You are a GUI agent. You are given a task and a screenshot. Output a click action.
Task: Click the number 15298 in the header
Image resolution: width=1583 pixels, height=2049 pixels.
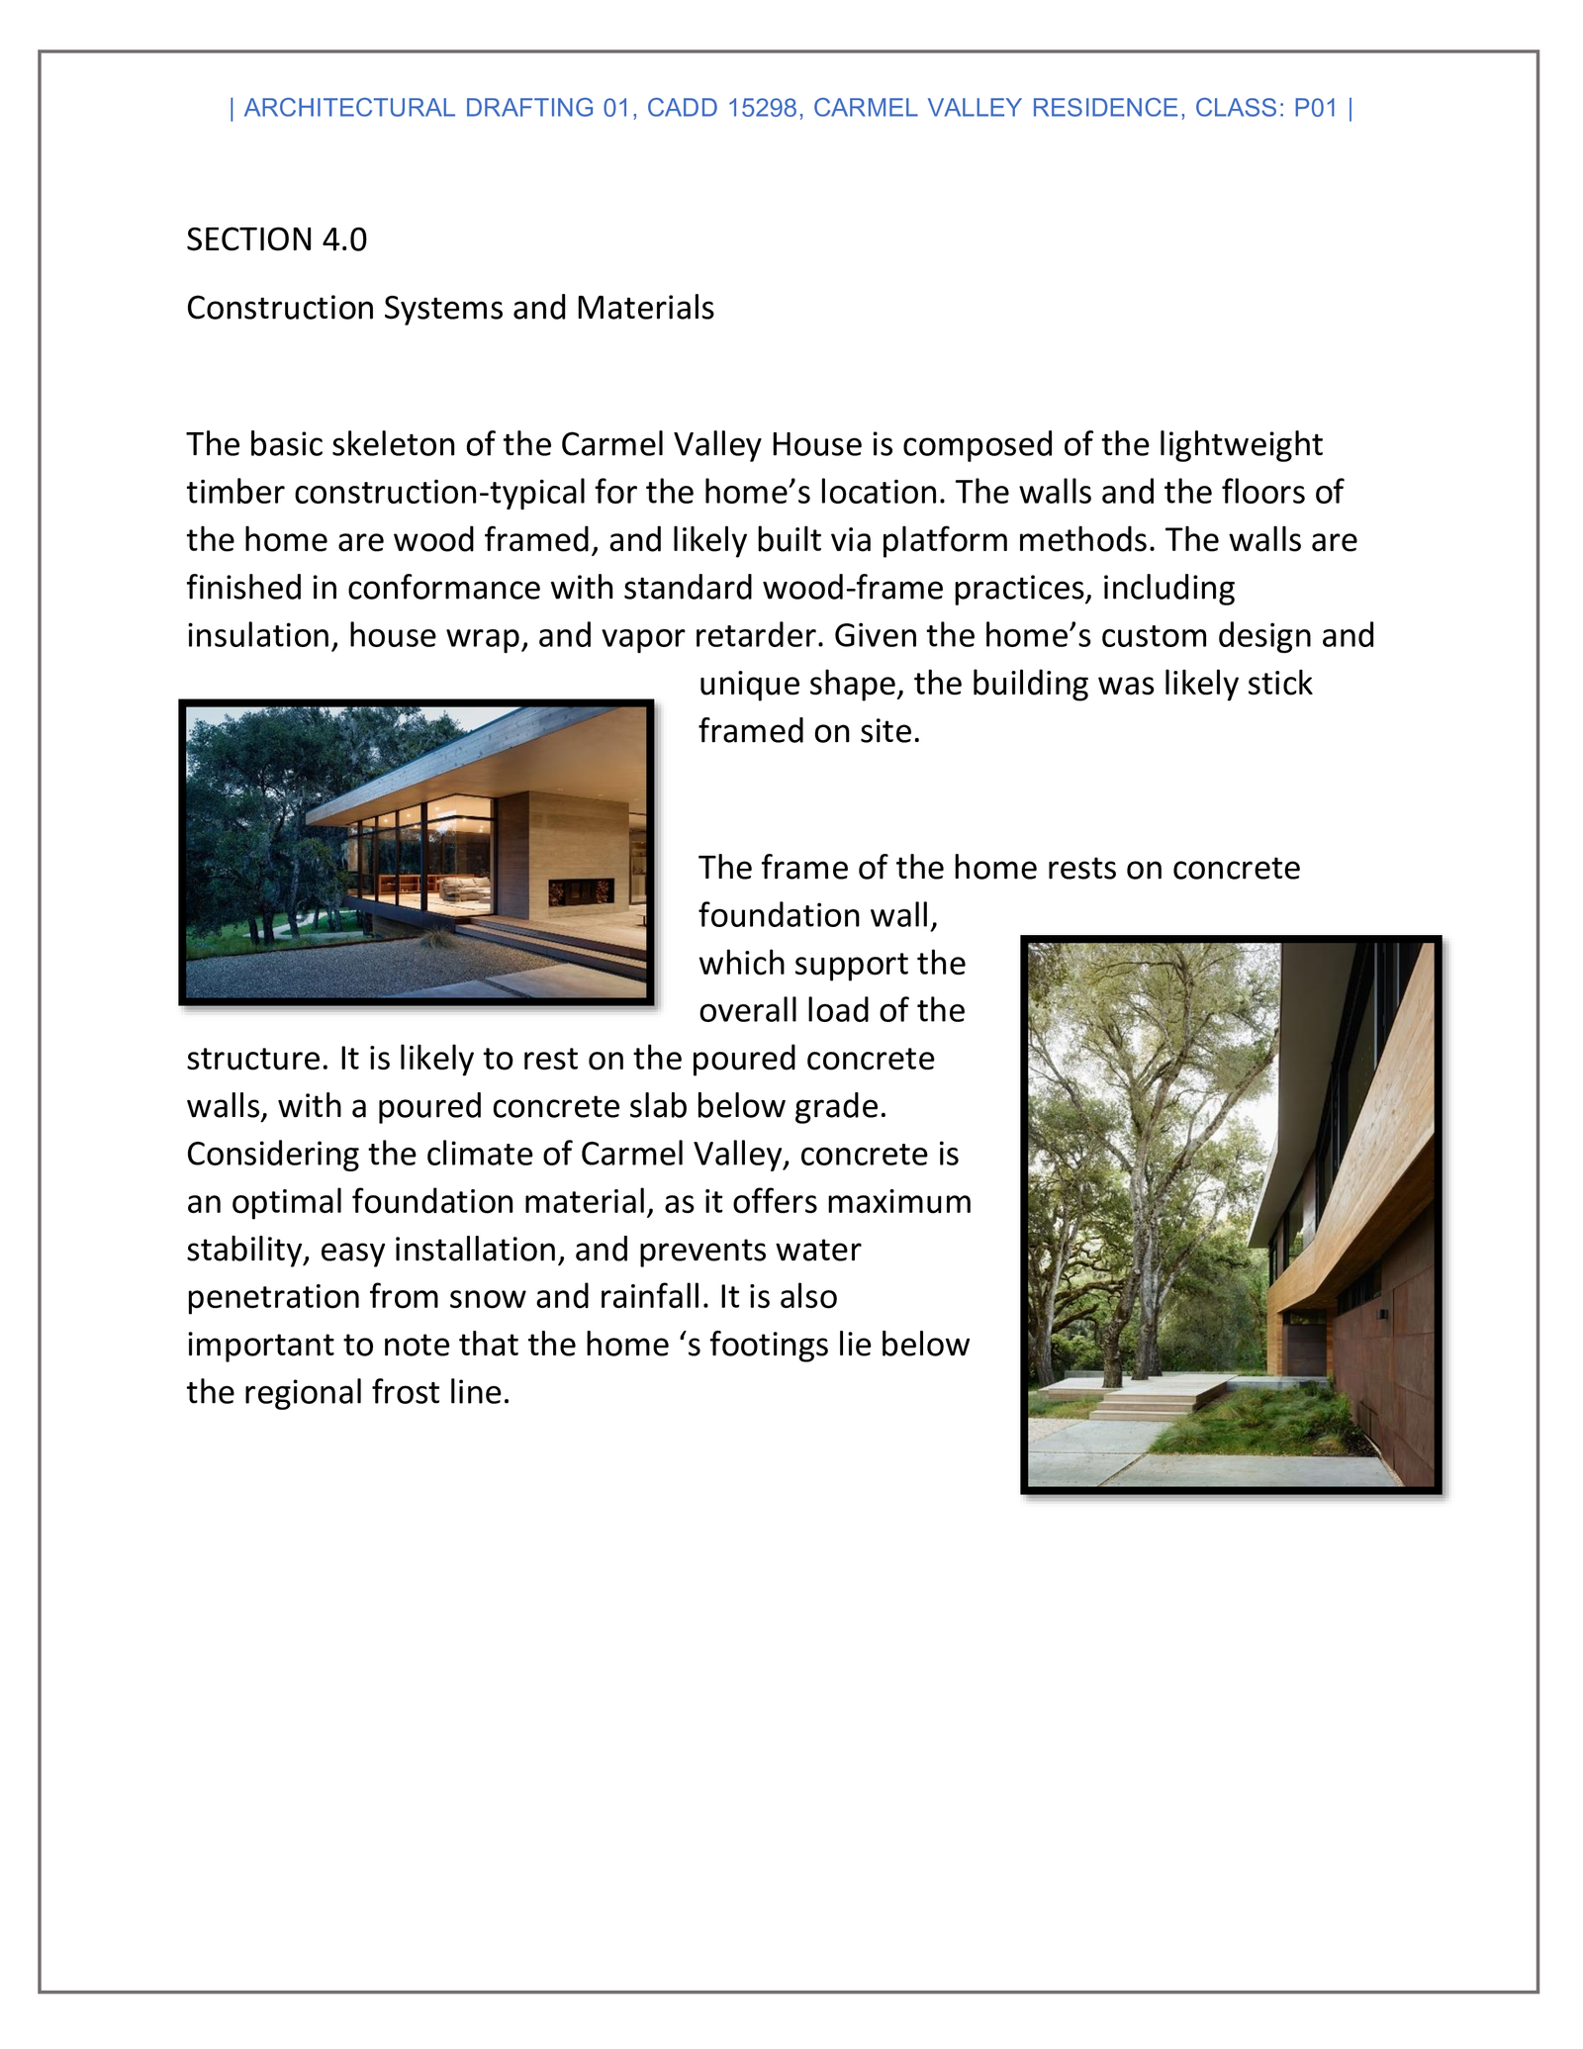pos(762,108)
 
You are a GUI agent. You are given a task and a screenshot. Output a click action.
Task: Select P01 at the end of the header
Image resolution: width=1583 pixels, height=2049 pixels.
pos(1315,108)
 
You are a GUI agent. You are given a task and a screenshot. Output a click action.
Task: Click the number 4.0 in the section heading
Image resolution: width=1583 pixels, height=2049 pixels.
pos(344,239)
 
